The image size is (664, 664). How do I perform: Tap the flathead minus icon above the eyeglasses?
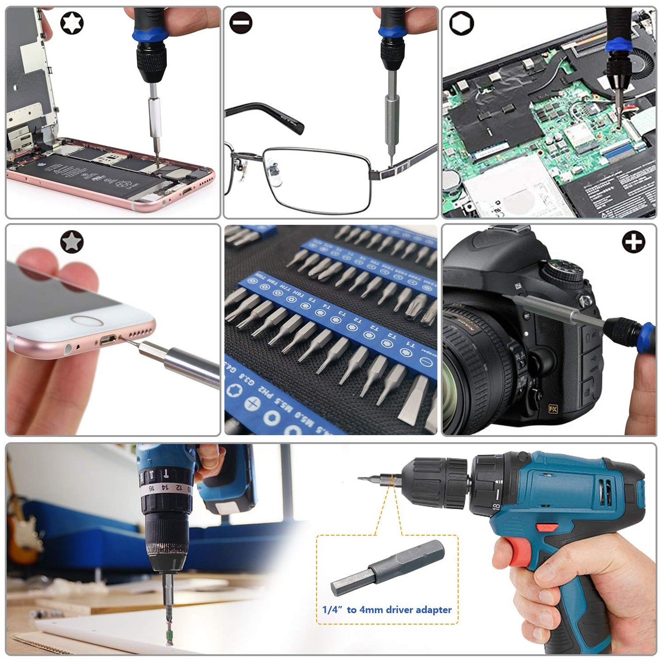(x=241, y=23)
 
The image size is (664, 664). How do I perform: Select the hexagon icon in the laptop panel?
(x=461, y=23)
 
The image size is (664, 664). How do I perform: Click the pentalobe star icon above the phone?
(x=72, y=241)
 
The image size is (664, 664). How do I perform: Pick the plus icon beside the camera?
(x=633, y=242)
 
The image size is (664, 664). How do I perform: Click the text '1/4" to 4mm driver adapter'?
(x=387, y=610)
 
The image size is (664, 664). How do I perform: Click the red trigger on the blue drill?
(x=509, y=551)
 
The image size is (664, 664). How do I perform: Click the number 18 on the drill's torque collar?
(x=496, y=506)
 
